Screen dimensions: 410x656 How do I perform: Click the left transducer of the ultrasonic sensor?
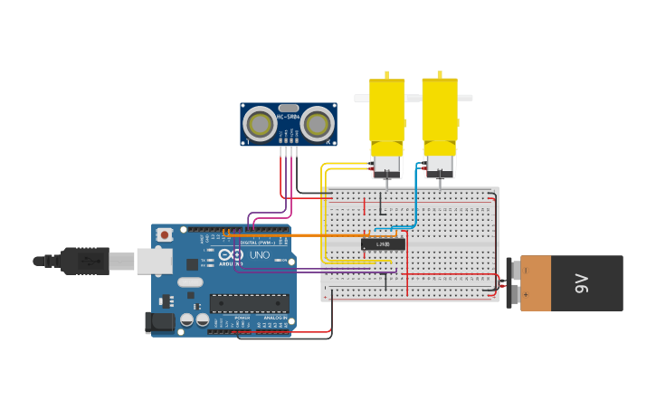click(261, 125)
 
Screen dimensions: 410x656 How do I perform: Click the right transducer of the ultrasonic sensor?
click(318, 125)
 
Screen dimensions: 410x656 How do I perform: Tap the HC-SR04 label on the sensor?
click(289, 116)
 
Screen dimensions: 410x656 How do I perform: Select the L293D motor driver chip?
click(383, 243)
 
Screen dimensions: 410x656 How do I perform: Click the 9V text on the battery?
click(582, 283)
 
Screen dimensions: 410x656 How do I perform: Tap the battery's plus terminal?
click(514, 293)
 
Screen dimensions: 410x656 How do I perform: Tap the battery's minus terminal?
click(514, 270)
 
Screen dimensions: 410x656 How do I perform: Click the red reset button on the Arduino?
click(164, 235)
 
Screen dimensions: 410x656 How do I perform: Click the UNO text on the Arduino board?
click(260, 255)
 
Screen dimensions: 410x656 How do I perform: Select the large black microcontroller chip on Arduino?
click(250, 303)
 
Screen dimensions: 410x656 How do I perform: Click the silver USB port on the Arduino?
click(154, 262)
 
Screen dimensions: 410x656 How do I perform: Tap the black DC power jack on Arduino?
click(161, 321)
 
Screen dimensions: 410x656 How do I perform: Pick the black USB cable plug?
click(85, 261)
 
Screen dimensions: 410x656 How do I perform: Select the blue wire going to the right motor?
click(415, 199)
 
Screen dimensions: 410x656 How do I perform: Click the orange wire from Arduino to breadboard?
click(299, 235)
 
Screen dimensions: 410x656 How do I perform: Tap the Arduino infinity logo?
click(237, 256)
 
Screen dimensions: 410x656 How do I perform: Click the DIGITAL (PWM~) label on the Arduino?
click(254, 243)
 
